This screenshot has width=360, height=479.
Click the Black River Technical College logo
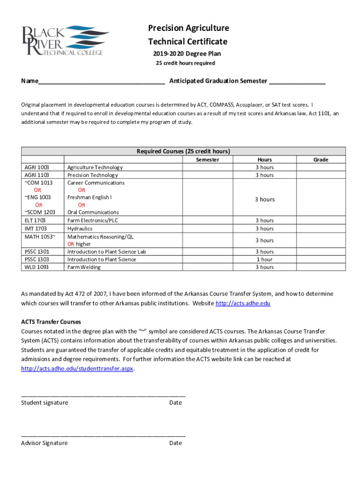click(x=65, y=41)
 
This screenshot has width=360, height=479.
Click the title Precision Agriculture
click(x=188, y=28)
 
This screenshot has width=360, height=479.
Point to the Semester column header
click(x=208, y=160)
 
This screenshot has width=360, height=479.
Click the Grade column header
click(x=320, y=160)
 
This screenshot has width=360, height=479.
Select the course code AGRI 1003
click(x=36, y=167)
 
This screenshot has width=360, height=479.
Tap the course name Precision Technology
click(x=93, y=175)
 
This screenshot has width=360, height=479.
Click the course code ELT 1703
click(x=36, y=220)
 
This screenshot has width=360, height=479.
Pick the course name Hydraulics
click(x=80, y=229)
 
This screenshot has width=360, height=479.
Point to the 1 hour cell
click(x=264, y=260)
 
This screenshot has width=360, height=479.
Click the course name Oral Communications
click(x=93, y=212)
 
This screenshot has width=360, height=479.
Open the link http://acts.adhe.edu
click(x=243, y=304)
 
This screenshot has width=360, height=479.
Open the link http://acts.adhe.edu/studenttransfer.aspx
click(x=78, y=369)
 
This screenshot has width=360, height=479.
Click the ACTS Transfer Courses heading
click(x=51, y=322)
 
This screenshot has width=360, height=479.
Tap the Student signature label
click(x=44, y=403)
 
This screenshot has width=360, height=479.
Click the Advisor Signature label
click(x=44, y=443)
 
